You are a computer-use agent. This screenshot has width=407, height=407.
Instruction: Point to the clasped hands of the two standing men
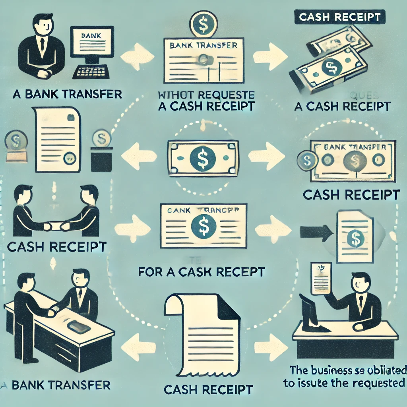point(54,225)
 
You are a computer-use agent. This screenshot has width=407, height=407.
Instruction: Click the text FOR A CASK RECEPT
point(202,272)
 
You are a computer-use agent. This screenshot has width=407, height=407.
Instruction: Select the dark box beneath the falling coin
point(101,160)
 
